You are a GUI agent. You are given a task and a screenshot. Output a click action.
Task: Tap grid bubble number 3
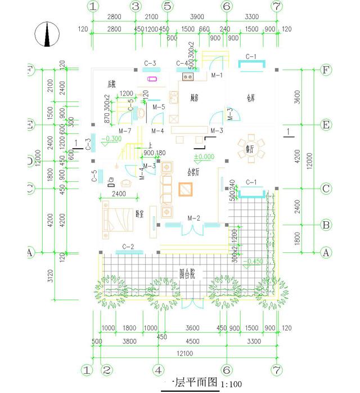[x=136, y=7]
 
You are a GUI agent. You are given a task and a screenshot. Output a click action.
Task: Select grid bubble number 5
[x=167, y=7]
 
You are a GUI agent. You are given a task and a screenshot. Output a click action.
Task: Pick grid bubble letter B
[x=325, y=225]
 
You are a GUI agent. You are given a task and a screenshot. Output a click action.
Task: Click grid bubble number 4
[x=159, y=370]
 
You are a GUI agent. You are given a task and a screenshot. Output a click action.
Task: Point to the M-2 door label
[x=193, y=217]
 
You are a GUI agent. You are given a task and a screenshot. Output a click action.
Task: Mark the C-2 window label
[x=128, y=247]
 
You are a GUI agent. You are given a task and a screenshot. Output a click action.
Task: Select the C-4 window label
[x=182, y=63]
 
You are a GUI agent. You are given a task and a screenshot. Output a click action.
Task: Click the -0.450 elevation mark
[x=255, y=261]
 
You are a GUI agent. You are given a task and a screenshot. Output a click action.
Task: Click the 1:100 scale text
[x=232, y=384]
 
